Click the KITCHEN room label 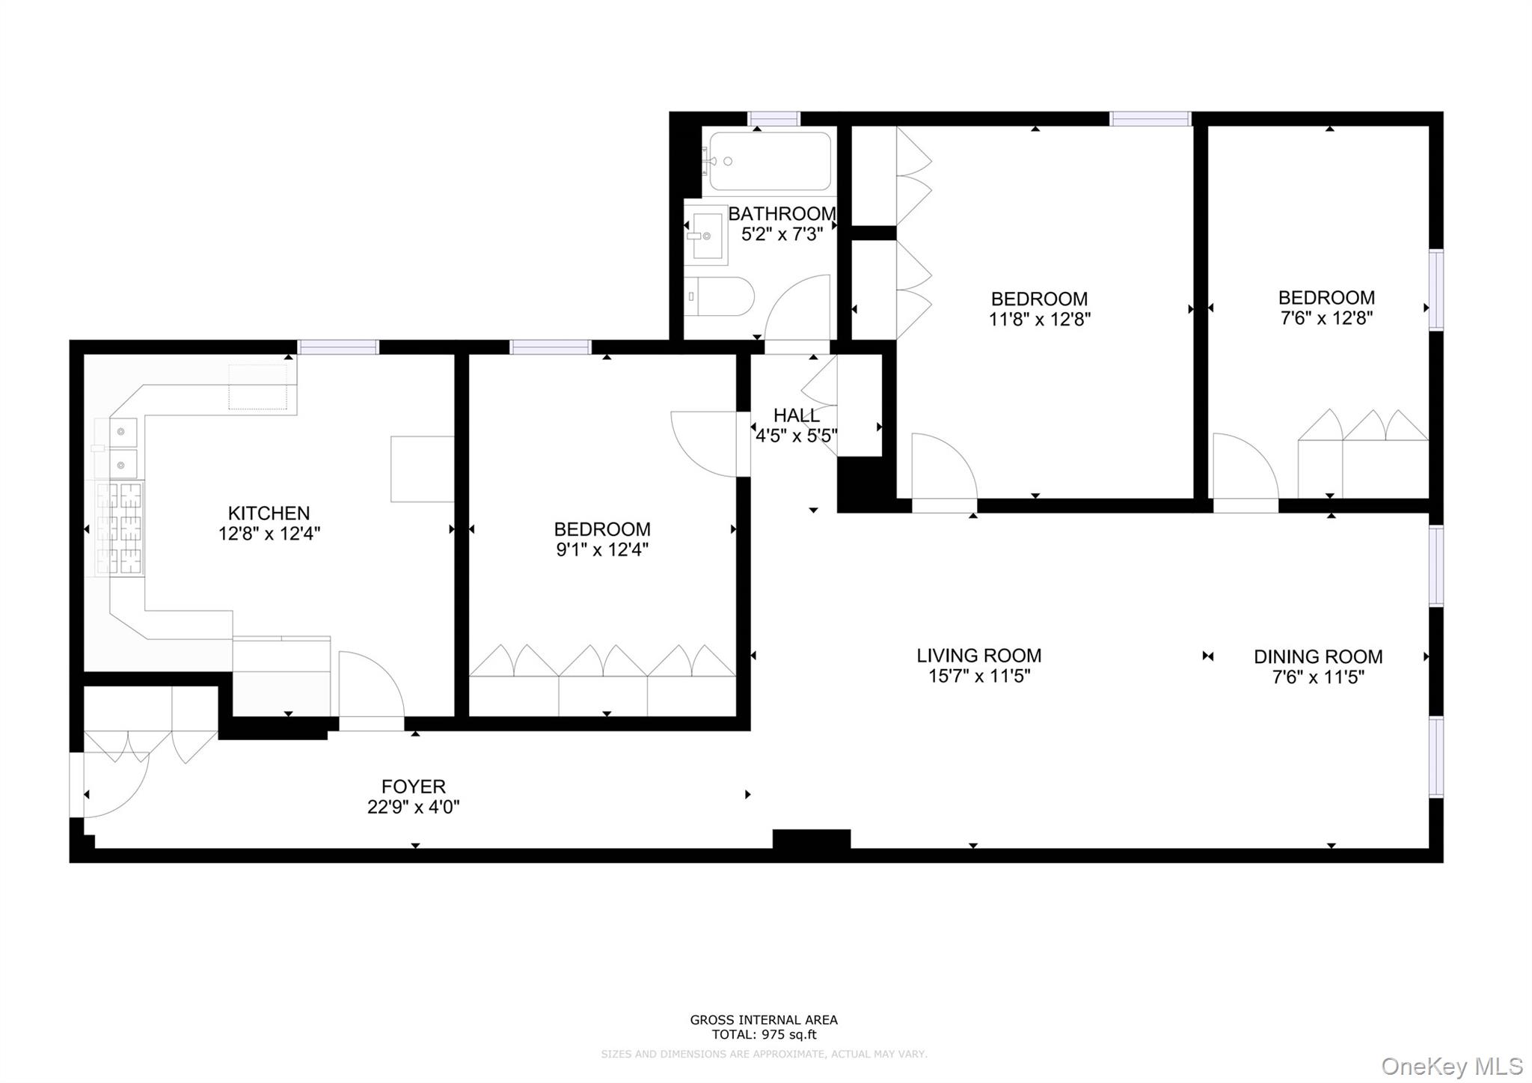point(269,513)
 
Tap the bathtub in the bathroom point(770,161)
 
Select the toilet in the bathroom point(719,296)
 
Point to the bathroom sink point(705,235)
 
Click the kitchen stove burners point(120,528)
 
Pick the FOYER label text point(414,787)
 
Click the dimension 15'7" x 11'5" point(979,677)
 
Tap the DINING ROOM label point(1318,657)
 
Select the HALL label point(796,415)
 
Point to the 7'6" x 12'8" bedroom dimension point(1326,318)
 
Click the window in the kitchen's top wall point(338,347)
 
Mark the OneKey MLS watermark point(1452,1066)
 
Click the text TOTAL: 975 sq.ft point(764,1035)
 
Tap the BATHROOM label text point(782,214)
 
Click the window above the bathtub point(774,118)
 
